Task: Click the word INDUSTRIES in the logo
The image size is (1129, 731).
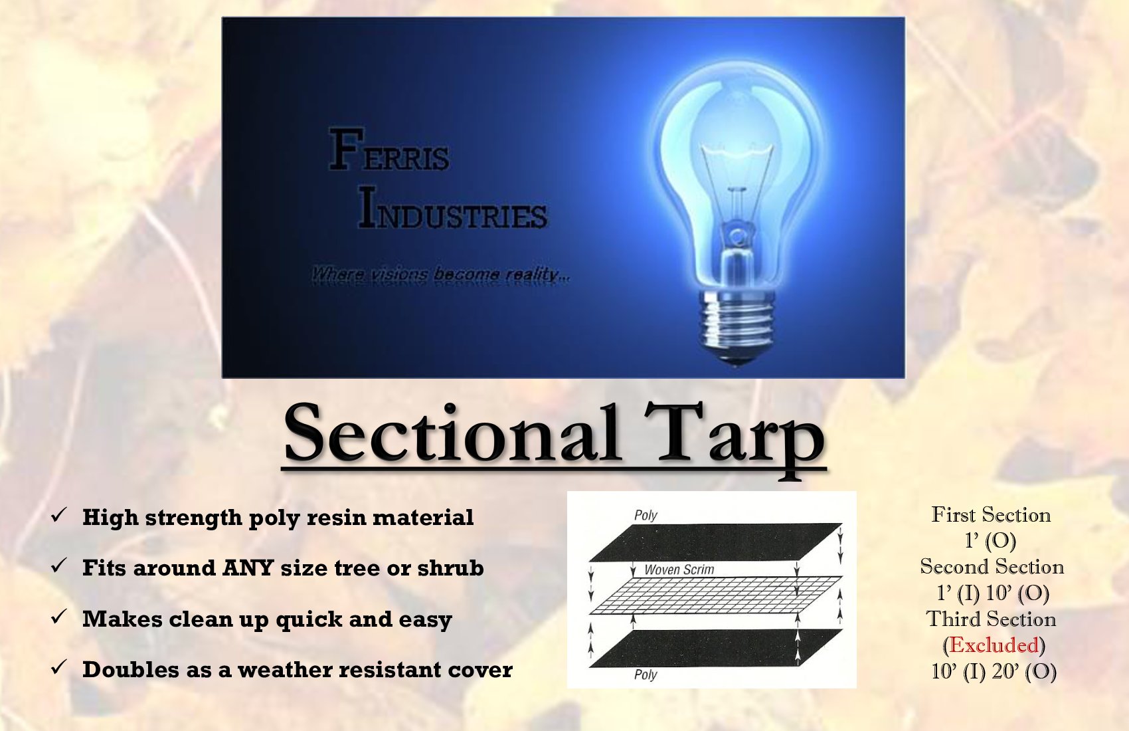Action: pyautogui.click(x=453, y=209)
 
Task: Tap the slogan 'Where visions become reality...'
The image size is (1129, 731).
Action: pyautogui.click(x=440, y=274)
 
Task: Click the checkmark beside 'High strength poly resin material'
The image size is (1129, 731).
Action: pyautogui.click(x=59, y=515)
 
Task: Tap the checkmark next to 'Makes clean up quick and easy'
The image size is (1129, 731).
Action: pyautogui.click(x=59, y=617)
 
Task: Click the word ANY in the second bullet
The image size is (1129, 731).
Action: pyautogui.click(x=248, y=568)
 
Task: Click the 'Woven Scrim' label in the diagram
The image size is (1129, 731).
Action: pyautogui.click(x=679, y=570)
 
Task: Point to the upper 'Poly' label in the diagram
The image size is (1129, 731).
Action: pyautogui.click(x=646, y=515)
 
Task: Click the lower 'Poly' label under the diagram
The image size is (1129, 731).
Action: pyautogui.click(x=646, y=675)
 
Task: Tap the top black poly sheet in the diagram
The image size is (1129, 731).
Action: pyautogui.click(x=716, y=542)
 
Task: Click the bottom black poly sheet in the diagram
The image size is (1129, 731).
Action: pyautogui.click(x=716, y=648)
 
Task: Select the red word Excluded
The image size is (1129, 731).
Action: pyautogui.click(x=994, y=645)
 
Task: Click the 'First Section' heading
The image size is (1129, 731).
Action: pyautogui.click(x=991, y=515)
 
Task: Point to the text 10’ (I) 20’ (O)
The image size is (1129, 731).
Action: pyautogui.click(x=994, y=671)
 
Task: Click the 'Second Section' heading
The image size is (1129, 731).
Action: pyautogui.click(x=992, y=567)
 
